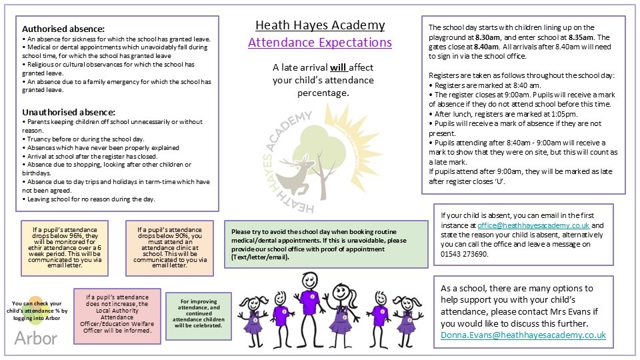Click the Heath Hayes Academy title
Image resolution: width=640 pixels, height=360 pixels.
(x=320, y=25)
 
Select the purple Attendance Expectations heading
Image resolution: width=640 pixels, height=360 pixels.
(x=320, y=43)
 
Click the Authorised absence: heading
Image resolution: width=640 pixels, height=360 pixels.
(x=63, y=29)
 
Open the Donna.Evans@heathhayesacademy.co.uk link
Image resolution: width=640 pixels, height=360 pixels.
(x=523, y=335)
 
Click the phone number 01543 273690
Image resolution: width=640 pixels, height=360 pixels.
(x=465, y=254)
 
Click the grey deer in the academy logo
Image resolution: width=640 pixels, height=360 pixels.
(x=299, y=172)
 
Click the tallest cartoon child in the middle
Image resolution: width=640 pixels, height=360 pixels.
(x=307, y=300)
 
